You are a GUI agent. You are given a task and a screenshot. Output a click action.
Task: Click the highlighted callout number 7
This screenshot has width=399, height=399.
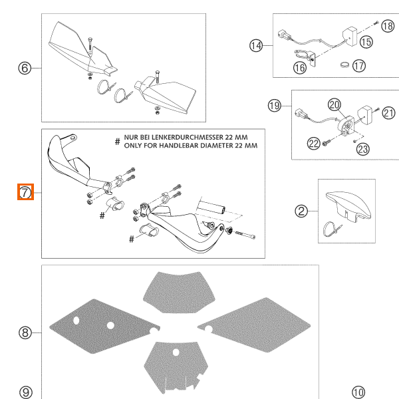25,192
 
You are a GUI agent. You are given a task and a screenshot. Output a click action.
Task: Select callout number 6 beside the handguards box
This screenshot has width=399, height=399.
25,68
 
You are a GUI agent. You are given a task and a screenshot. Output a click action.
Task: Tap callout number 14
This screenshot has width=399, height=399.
256,46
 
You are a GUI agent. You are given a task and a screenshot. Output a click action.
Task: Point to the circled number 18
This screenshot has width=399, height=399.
388,26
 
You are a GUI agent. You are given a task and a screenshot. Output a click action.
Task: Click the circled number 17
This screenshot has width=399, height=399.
359,66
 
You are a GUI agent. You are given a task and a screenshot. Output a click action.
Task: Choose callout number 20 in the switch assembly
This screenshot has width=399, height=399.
334,105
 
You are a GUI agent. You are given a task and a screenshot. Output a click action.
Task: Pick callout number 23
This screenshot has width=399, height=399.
363,149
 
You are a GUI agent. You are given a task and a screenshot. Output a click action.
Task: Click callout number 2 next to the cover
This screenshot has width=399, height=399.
301,211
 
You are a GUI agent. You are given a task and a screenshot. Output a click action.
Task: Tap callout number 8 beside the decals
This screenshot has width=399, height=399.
25,332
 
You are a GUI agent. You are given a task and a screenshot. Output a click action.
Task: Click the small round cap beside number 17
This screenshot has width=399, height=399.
344,65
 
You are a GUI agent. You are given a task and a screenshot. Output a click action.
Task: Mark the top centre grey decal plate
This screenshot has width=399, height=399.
180,291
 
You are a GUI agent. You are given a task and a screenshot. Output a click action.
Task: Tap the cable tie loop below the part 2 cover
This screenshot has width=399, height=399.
331,229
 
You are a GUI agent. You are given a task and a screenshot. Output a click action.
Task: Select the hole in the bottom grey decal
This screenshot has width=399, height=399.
176,352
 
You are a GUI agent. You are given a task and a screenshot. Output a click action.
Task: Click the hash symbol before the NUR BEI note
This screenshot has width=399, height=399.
117,142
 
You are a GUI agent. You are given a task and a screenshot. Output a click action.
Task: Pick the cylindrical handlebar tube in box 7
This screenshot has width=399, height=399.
211,207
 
